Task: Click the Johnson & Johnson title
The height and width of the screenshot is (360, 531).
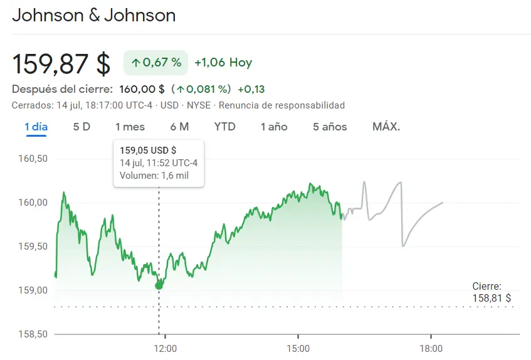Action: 94,16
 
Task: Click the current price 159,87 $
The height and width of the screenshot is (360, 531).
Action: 61,63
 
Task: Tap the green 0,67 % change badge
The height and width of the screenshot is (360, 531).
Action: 155,63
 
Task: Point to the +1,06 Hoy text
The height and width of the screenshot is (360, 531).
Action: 223,63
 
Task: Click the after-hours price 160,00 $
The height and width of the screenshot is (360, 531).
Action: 142,89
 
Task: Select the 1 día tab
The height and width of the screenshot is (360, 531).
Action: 36,127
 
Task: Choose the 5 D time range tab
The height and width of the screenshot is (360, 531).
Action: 81,127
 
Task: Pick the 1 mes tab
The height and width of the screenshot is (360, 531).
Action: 130,127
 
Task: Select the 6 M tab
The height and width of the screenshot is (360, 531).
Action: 179,127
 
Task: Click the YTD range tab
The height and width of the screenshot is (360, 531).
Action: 224,127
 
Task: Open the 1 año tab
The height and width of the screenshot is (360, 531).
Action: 274,127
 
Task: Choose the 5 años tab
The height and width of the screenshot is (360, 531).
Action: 330,127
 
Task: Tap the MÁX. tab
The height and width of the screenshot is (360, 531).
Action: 386,127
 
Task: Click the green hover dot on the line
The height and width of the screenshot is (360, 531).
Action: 159,285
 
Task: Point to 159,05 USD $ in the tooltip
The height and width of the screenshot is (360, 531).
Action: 148,151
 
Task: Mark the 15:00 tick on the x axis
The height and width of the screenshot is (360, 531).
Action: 298,348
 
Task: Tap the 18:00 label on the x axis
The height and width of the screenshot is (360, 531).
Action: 430,348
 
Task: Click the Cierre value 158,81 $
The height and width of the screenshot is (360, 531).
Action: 492,298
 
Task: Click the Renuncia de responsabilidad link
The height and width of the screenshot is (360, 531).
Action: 281,105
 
